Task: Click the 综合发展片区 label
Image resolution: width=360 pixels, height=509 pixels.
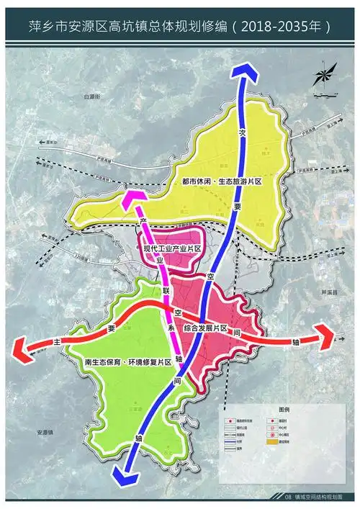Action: (x=207, y=328)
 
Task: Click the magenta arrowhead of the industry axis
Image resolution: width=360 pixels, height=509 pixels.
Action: (x=131, y=196)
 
